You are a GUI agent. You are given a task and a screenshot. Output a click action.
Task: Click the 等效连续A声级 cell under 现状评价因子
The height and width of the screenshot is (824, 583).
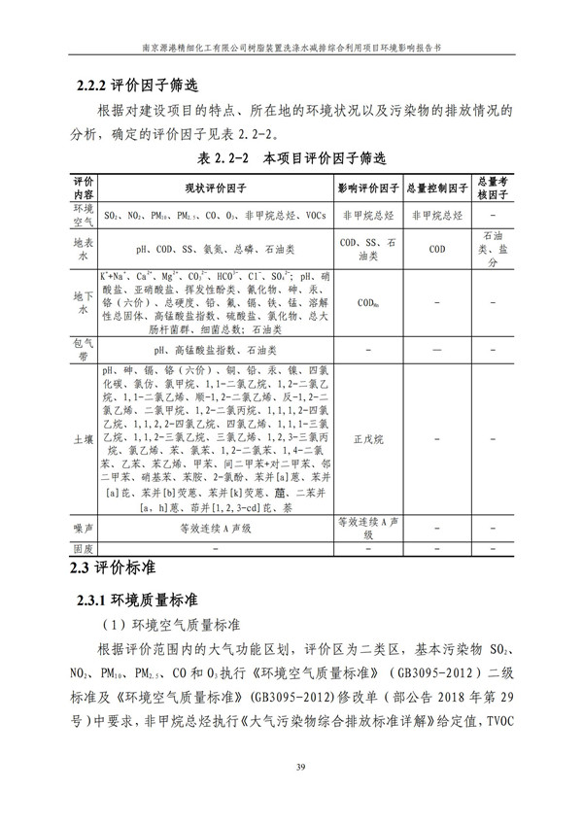(215, 529)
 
